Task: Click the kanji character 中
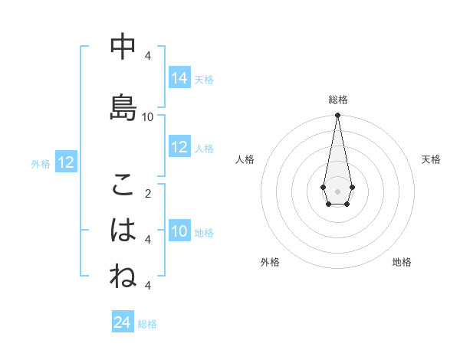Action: point(123,47)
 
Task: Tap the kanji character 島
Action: point(123,107)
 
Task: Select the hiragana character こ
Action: point(123,185)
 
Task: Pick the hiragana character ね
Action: point(123,276)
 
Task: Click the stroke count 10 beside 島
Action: point(148,116)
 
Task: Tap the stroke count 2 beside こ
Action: point(148,193)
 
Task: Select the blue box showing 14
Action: point(179,78)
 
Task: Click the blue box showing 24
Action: point(123,322)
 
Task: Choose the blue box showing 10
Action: point(179,231)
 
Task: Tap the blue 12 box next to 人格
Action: point(179,147)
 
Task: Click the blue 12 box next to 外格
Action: point(65,162)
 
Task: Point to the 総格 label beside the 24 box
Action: point(147,324)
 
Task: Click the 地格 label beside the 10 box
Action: point(204,233)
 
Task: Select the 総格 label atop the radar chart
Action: point(337,100)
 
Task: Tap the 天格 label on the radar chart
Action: point(431,159)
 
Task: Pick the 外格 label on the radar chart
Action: point(270,262)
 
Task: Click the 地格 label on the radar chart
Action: point(402,262)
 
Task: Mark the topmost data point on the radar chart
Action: point(337,116)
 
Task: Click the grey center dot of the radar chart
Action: point(337,190)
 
